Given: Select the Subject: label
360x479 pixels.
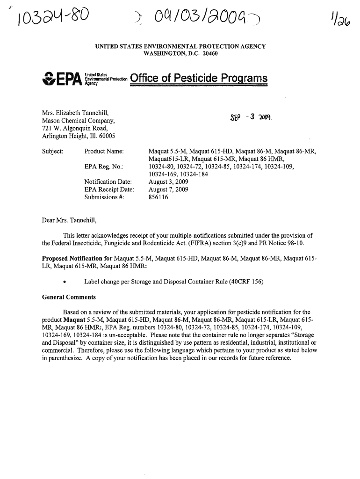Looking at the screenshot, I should pyautogui.click(x=54, y=151).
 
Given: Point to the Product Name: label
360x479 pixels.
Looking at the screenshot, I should pyautogui.click(x=104, y=151).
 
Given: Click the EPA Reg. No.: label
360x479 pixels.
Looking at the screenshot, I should pyautogui.click(x=102, y=166).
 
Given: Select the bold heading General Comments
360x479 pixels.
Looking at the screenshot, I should pyautogui.click(x=69, y=297).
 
